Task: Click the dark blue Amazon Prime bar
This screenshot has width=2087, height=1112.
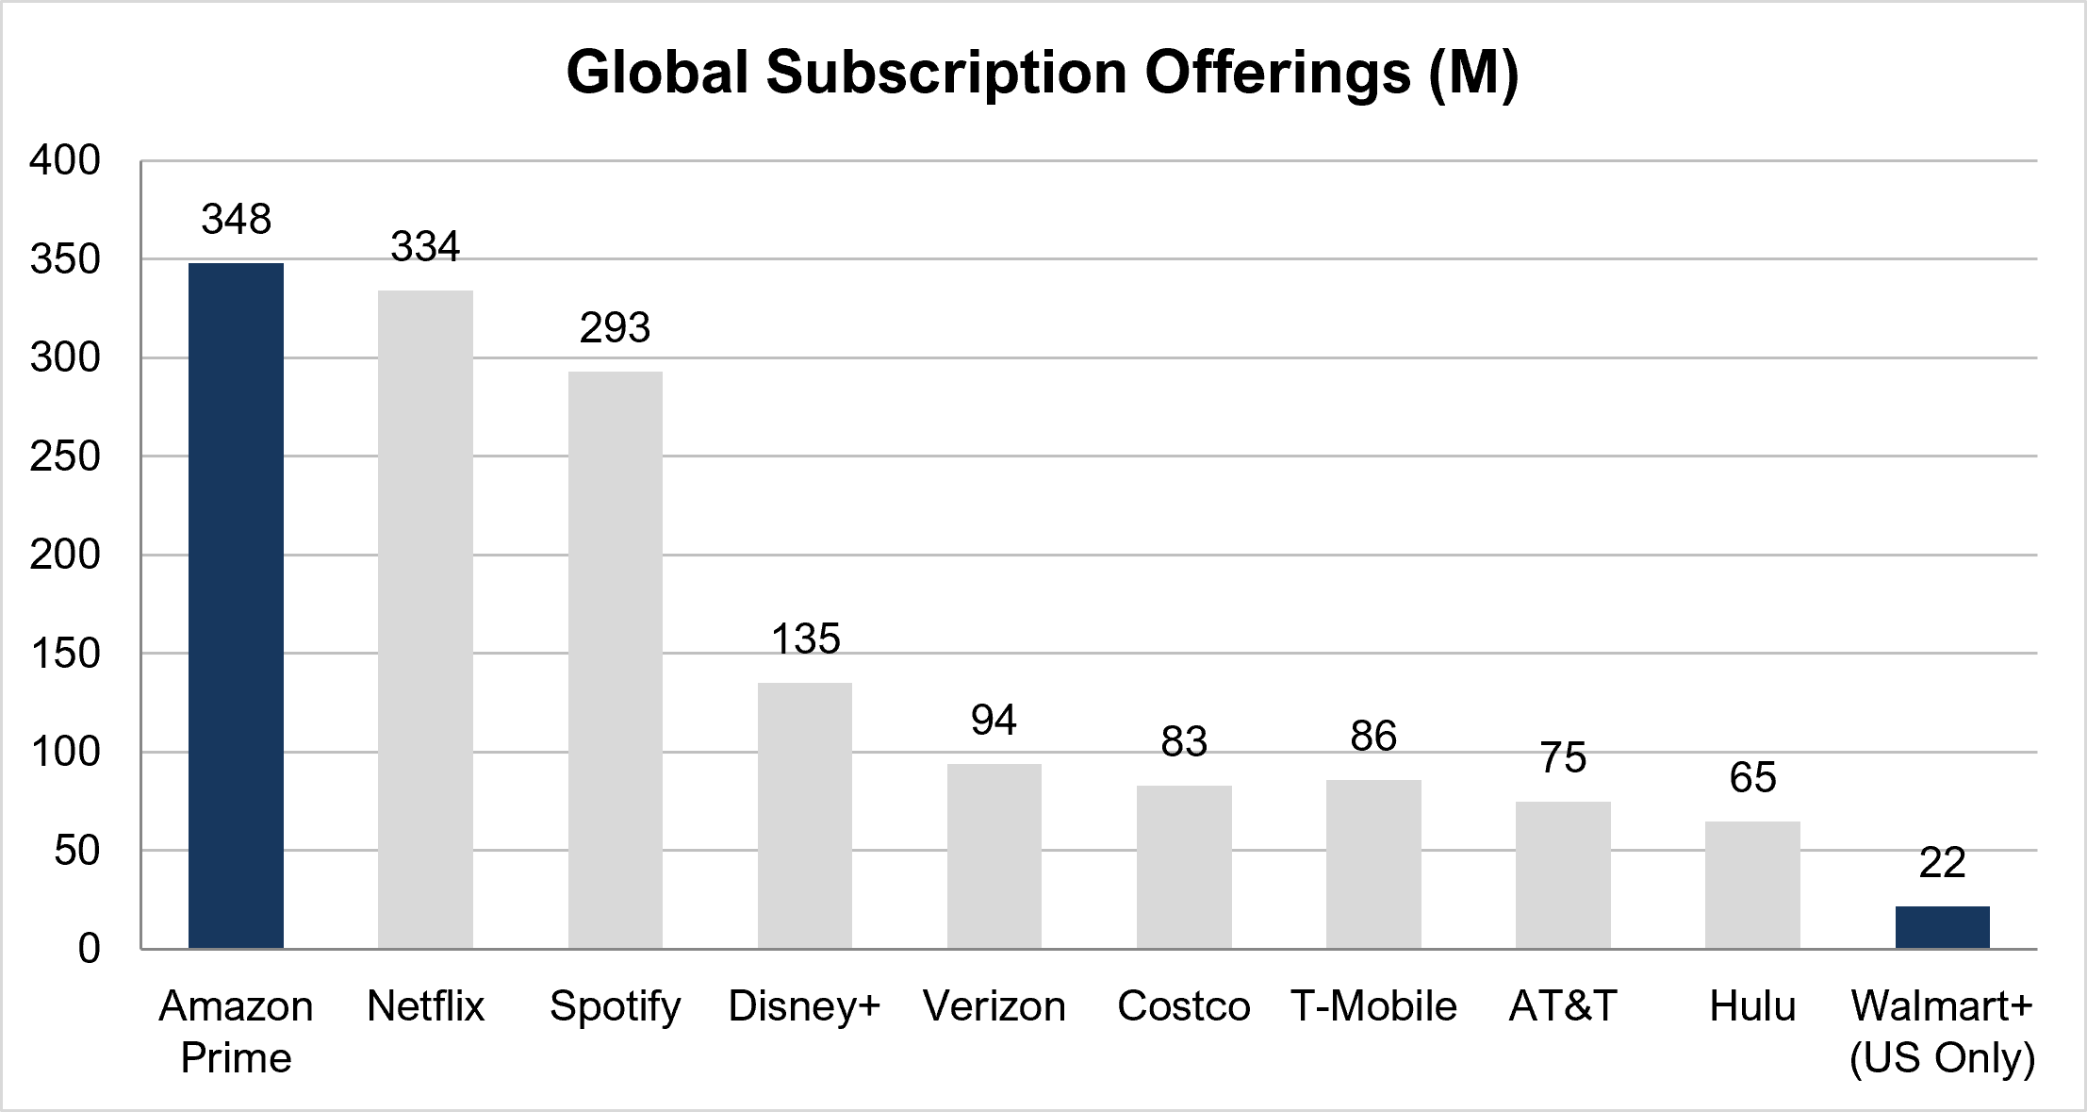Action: click(x=236, y=606)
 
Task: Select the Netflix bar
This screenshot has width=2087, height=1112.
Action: click(x=425, y=620)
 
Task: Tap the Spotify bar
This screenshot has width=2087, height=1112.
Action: click(x=615, y=660)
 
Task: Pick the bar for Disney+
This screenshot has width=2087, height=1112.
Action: click(x=805, y=816)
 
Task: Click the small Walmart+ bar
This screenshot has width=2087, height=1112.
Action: click(x=1942, y=927)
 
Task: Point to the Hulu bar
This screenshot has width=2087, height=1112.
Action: click(x=1752, y=885)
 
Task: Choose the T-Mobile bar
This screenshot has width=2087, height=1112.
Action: click(x=1373, y=864)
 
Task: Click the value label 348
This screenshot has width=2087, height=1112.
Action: click(x=236, y=219)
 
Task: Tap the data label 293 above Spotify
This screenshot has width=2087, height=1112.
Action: click(x=615, y=328)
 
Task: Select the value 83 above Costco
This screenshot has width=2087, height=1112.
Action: click(x=1184, y=741)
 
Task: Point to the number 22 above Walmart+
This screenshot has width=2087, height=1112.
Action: click(x=1942, y=862)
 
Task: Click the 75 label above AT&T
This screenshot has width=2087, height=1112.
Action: click(x=1563, y=757)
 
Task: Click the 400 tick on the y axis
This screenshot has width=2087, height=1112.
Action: click(x=65, y=160)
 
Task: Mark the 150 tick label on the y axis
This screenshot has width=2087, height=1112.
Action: click(x=65, y=654)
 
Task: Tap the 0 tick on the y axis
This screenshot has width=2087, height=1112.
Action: click(x=89, y=949)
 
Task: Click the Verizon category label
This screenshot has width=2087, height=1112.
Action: click(x=994, y=1006)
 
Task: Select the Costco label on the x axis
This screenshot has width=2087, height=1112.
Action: click(x=1184, y=1006)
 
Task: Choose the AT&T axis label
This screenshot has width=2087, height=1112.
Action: click(x=1563, y=1006)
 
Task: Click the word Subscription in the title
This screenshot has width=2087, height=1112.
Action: click(x=946, y=74)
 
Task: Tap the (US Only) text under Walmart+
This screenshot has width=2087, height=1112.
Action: click(x=1942, y=1058)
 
